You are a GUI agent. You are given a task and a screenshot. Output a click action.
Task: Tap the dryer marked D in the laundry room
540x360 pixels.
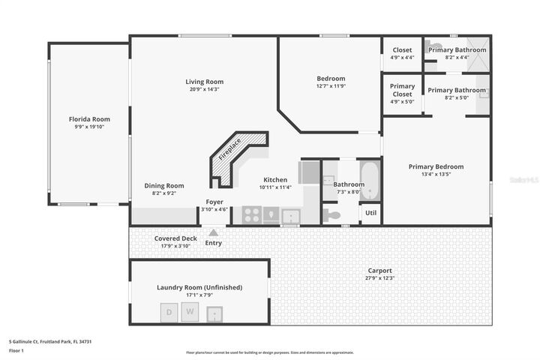169,311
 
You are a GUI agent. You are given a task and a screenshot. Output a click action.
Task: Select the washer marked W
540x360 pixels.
190,311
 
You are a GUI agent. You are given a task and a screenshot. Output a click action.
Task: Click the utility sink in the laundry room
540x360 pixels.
217,312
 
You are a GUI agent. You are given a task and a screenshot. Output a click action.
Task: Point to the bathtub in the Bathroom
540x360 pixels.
370,180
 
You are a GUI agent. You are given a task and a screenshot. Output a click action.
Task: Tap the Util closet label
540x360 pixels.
370,213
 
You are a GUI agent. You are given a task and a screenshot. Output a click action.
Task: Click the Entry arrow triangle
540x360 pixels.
214,232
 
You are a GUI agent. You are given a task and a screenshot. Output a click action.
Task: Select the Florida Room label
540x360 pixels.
89,119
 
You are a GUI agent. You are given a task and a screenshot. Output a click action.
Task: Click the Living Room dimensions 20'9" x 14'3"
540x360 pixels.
204,89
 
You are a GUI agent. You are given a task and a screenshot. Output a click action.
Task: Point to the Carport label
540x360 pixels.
379,271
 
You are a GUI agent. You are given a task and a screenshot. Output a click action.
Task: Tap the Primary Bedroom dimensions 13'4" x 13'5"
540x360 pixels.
436,174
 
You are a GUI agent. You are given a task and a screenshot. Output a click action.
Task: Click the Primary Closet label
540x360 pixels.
402,90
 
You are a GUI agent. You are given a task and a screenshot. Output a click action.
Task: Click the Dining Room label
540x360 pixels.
163,185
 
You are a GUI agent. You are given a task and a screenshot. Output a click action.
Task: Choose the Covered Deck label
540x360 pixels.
175,238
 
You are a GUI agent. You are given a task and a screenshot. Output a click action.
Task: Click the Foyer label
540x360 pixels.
214,202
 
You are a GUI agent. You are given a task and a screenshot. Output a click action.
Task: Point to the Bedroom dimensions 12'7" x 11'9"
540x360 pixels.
330,85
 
